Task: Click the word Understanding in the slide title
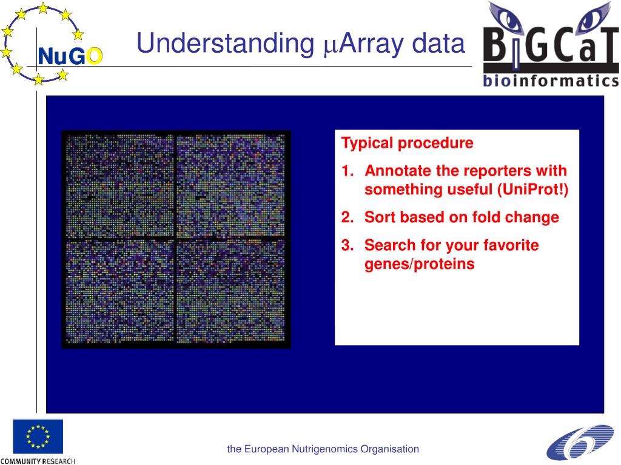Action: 226,44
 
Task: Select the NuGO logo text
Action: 70,56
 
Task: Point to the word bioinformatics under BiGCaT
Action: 551,81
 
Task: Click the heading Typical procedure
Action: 407,143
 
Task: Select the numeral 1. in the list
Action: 347,171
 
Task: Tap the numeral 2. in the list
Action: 347,217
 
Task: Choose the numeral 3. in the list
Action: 347,246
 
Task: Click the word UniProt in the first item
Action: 531,190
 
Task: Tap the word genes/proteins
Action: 420,264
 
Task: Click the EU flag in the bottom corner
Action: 38,437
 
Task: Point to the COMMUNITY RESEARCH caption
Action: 38,461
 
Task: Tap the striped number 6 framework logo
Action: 580,442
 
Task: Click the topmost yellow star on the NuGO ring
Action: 43,8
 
